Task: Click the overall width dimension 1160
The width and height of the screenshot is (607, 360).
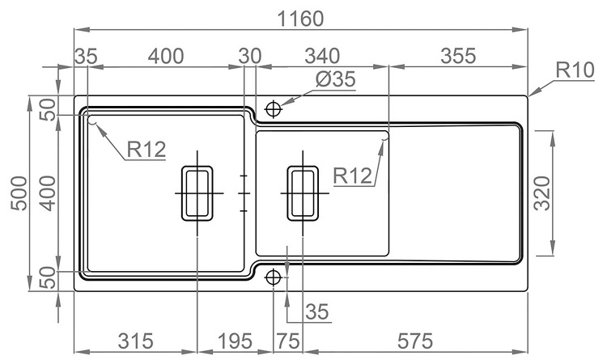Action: click(x=301, y=18)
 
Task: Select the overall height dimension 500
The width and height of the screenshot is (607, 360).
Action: click(x=19, y=193)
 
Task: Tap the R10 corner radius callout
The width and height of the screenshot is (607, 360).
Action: click(x=575, y=70)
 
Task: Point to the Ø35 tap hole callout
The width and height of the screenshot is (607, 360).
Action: click(x=335, y=79)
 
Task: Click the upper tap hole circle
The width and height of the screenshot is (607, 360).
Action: click(x=274, y=108)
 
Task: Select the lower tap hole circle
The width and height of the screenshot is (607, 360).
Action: click(x=274, y=277)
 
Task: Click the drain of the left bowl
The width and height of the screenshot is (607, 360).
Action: click(x=197, y=193)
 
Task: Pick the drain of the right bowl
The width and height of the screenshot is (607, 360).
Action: click(x=303, y=193)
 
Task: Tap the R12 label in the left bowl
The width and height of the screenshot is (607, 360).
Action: click(x=146, y=149)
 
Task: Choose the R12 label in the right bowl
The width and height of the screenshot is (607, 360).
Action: click(x=352, y=176)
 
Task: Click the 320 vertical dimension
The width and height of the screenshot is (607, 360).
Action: click(x=541, y=193)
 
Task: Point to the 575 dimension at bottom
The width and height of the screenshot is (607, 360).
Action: click(x=414, y=341)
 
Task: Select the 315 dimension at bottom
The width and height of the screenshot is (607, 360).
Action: click(x=135, y=341)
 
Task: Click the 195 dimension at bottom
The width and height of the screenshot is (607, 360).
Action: click(x=235, y=341)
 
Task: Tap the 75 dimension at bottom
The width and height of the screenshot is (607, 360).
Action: click(x=287, y=341)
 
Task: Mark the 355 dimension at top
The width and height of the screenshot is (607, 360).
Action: click(x=458, y=56)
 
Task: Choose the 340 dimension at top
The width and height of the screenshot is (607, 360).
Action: click(x=322, y=56)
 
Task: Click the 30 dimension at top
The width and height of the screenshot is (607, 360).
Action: click(x=250, y=56)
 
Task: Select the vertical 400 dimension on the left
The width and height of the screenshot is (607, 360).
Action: click(x=48, y=193)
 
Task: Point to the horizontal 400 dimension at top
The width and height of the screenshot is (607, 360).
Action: click(x=166, y=56)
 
